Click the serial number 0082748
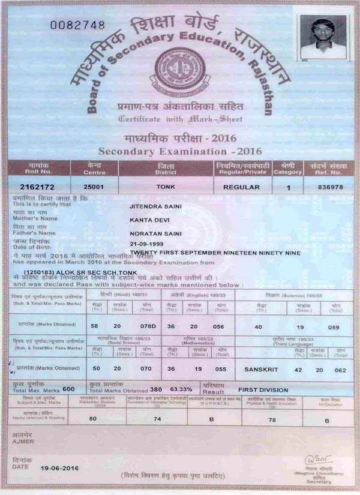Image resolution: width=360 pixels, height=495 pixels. [77, 25]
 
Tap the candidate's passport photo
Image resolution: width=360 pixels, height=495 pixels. [323, 37]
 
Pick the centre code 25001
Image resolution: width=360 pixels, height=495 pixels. [94, 187]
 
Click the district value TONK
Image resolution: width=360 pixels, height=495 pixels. [166, 187]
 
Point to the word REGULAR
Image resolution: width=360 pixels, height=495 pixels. [241, 187]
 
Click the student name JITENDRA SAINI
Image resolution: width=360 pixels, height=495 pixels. [156, 207]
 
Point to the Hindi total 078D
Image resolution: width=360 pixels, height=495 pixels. [148, 327]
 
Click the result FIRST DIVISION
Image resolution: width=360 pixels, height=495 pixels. [264, 389]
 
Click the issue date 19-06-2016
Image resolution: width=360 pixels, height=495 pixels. [61, 466]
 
